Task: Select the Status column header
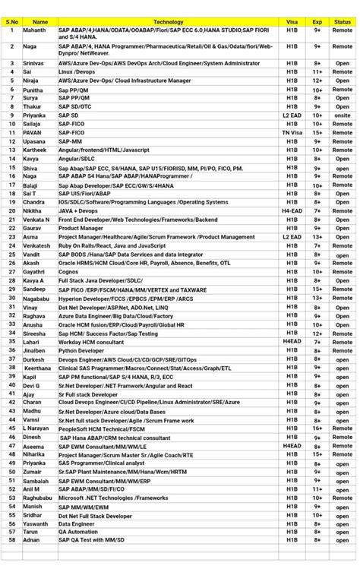343,22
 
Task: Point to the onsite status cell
343,115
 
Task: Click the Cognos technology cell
69,272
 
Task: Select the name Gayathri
33,272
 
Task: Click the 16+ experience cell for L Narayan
317,428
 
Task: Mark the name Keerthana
37,368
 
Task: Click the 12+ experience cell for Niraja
317,81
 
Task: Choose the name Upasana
33,141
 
